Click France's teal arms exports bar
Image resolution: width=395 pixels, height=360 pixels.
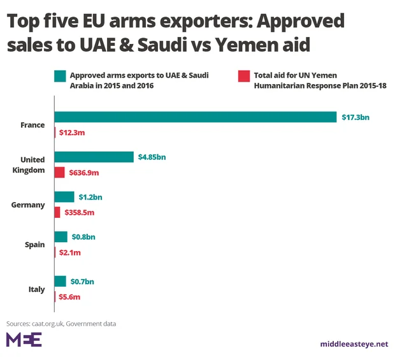[195, 117]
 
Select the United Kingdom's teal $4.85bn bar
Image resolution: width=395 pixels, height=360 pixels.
[94, 157]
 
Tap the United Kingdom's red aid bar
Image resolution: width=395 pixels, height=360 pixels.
[60, 172]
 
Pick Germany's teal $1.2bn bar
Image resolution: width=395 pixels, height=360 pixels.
[64, 197]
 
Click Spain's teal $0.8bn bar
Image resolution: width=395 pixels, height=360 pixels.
[61, 237]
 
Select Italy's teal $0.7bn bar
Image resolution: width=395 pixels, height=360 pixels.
[61, 281]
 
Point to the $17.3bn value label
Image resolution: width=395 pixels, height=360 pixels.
[355, 117]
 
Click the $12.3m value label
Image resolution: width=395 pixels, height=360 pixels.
[73, 133]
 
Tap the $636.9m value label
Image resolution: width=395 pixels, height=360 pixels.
[84, 173]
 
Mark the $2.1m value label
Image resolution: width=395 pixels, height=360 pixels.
[69, 252]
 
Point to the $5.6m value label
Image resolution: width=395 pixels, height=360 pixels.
[69, 296]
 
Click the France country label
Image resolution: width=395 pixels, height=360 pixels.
[32, 125]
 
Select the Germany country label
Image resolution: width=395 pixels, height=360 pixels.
[28, 205]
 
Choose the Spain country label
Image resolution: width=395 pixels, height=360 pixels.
[34, 245]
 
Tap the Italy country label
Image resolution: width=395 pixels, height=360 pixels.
[36, 289]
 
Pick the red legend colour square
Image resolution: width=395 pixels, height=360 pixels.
[243, 76]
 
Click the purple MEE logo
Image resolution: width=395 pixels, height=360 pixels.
[24, 340]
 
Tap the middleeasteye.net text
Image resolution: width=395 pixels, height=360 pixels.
[354, 344]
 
